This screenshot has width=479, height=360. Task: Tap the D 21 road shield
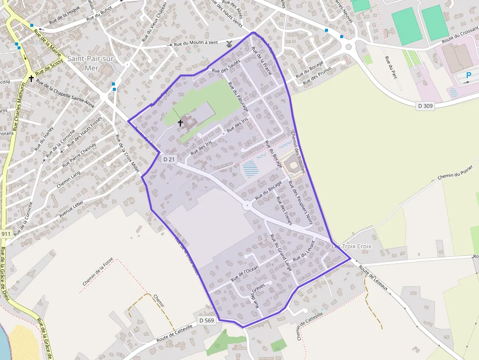click(169, 159)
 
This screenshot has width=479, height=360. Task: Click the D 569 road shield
click(207, 320)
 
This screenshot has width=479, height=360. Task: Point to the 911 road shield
click(5, 234)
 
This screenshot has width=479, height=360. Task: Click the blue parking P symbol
click(469, 76)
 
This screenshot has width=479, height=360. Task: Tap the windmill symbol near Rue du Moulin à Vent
click(229, 43)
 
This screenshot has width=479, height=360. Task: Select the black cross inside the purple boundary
click(180, 123)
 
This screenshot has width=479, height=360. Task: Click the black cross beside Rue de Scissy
click(31, 78)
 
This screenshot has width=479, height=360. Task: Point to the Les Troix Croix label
click(351, 246)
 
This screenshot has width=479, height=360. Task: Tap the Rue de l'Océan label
click(245, 274)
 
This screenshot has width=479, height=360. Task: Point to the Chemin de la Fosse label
click(98, 272)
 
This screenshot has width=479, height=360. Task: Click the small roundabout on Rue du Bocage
click(248, 206)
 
